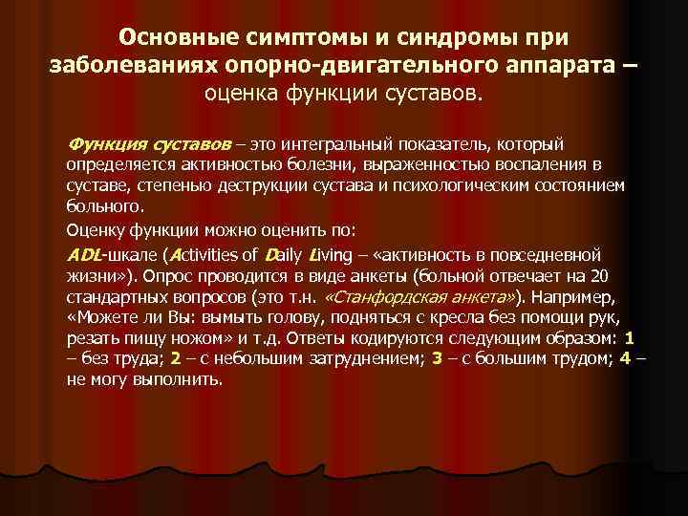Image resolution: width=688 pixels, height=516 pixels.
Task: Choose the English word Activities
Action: coord(202,255)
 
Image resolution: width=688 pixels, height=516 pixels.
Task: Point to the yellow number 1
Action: coord(629,338)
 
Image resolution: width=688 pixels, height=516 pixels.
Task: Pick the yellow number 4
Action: coord(626,358)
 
